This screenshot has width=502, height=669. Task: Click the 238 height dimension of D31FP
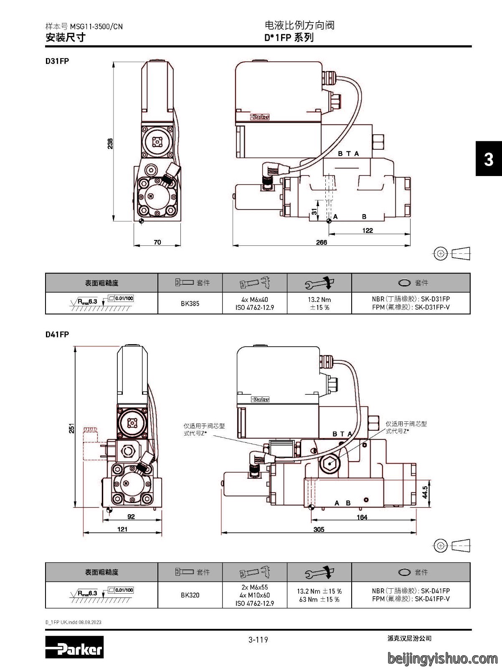tap(110, 143)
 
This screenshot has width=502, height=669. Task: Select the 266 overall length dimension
tap(322, 242)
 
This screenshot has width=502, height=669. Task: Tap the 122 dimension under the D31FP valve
tap(368, 230)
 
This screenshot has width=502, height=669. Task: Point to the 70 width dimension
tap(157, 242)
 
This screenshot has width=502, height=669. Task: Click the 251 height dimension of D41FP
tap(72, 428)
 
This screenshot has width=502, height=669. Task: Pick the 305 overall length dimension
tap(319, 529)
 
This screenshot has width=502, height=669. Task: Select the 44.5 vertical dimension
tap(425, 492)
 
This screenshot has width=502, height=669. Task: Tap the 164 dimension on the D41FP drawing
tap(362, 517)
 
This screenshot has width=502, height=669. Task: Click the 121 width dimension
tap(122, 529)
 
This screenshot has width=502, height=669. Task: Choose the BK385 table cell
tap(190, 303)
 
